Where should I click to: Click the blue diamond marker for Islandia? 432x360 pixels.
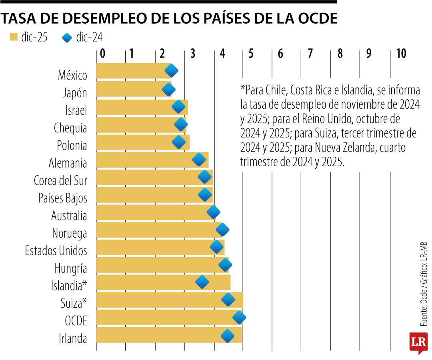coord(202,282)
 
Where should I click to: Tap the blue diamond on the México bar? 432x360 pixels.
coord(171,71)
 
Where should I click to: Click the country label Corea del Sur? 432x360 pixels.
coord(60,181)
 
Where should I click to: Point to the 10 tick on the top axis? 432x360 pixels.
coord(400,54)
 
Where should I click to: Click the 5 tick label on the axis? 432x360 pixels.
coord(251,54)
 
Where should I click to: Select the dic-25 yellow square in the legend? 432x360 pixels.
coord(14,38)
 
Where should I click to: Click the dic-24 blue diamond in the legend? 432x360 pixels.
coord(67,38)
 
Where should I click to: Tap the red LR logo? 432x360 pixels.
coord(418,342)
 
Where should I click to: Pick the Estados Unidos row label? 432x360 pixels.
coord(56,251)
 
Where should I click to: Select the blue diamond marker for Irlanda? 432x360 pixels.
coord(228,336)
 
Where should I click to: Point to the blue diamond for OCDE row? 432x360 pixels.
coord(239,318)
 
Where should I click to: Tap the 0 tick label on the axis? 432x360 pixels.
coord(102,54)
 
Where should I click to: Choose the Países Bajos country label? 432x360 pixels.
coord(63,198)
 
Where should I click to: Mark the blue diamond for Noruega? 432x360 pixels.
coord(222,230)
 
